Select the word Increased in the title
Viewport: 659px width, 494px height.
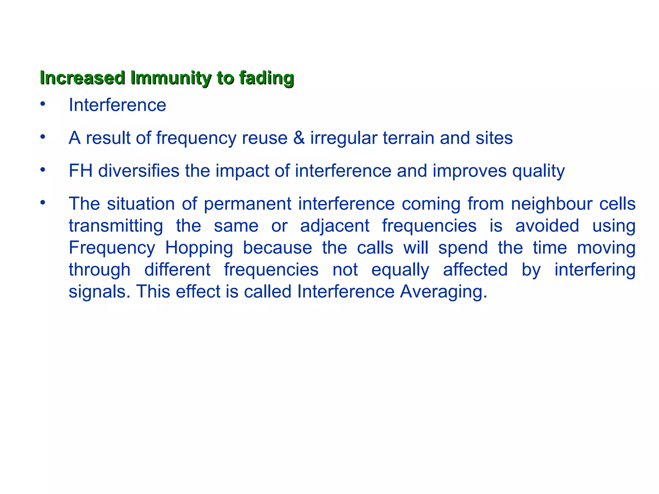pos(83,78)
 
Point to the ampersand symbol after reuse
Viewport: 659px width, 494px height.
pos(299,138)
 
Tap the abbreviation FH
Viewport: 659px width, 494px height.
pos(80,171)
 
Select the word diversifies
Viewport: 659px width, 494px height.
pos(139,171)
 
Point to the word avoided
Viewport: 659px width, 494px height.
pos(547,226)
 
